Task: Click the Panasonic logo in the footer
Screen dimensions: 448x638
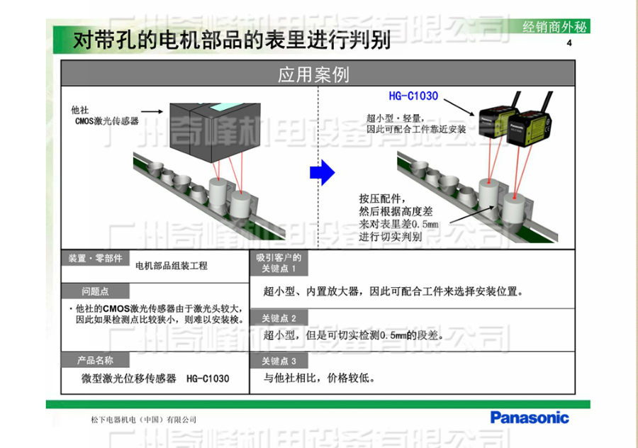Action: (x=530, y=417)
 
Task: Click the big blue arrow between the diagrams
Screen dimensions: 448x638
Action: (x=323, y=172)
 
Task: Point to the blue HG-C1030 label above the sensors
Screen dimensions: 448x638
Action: (x=413, y=96)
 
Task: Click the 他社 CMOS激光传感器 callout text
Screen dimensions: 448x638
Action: (x=106, y=116)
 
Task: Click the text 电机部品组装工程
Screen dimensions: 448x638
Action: (x=172, y=267)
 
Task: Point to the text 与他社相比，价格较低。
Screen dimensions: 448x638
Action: (x=319, y=378)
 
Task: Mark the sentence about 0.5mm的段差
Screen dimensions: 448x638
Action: (x=354, y=335)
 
